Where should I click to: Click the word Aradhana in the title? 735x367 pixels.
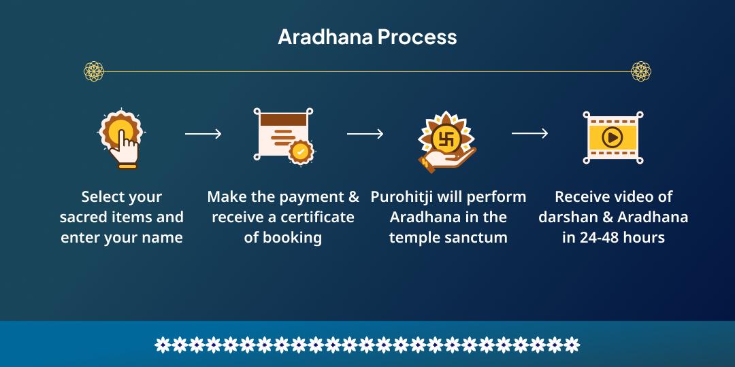pyautogui.click(x=325, y=37)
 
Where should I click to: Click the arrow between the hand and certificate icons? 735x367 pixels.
pyautogui.click(x=203, y=134)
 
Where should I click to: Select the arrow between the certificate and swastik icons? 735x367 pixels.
pyautogui.click(x=365, y=134)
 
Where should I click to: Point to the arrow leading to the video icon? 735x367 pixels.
pyautogui.click(x=529, y=133)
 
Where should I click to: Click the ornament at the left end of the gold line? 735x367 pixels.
pyautogui.click(x=94, y=71)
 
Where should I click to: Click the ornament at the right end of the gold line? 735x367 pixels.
pyautogui.click(x=641, y=71)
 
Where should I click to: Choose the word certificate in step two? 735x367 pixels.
pyautogui.click(x=318, y=217)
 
